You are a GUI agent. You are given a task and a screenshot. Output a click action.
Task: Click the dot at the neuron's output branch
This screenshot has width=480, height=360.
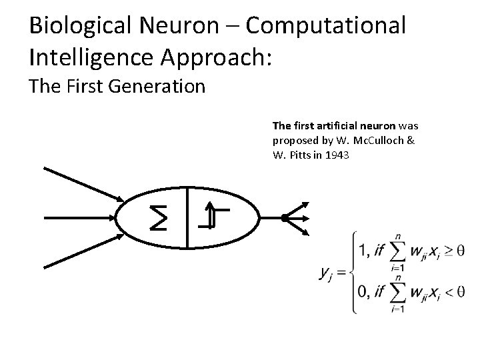click(x=284, y=217)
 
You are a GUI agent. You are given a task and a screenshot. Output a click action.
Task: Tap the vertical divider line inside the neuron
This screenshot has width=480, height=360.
click(x=187, y=217)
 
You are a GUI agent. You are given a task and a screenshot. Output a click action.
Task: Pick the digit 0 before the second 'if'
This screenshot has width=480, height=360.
click(x=363, y=291)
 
